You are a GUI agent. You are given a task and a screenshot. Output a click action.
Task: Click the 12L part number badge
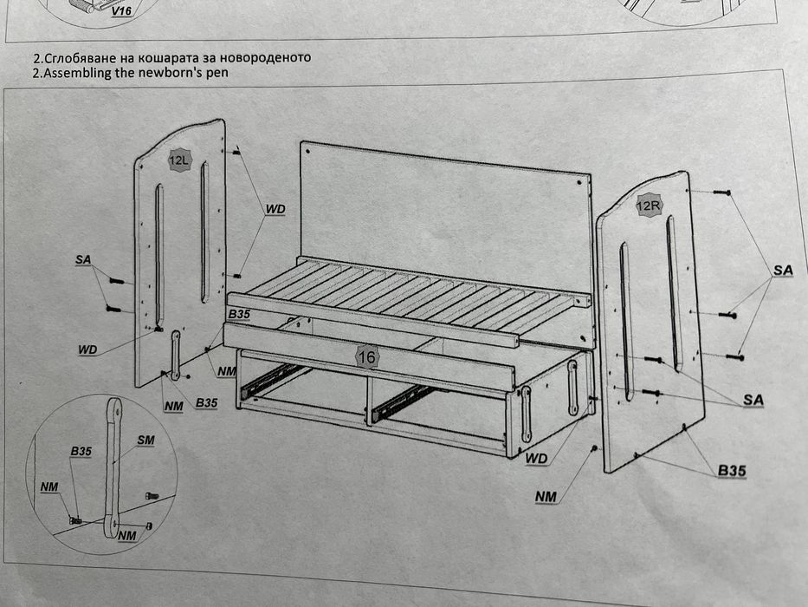179,160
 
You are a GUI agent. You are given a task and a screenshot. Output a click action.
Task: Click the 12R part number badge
649,206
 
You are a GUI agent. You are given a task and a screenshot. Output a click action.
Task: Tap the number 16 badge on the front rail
366,356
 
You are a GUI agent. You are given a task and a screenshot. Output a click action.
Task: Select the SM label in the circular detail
145,441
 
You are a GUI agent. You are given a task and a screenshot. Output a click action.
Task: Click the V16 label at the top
122,10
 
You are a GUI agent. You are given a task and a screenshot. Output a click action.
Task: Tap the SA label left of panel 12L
83,259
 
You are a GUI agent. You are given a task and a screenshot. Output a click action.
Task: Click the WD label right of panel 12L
275,209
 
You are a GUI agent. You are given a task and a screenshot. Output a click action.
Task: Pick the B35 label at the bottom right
732,470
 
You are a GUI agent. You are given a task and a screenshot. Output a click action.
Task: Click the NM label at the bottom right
546,497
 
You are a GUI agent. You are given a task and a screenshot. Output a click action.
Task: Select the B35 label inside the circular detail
81,451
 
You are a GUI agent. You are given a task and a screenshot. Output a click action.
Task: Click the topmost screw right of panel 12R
722,193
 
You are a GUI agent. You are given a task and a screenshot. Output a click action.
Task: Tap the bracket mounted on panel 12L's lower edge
176,355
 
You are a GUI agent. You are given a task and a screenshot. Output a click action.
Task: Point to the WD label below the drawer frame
536,459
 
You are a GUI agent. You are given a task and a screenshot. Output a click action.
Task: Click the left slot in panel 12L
159,256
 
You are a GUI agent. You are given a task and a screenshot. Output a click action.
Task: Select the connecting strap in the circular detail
113,467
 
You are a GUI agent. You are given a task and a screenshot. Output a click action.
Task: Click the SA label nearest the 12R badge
783,270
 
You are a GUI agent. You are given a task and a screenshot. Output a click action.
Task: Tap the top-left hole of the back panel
308,152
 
